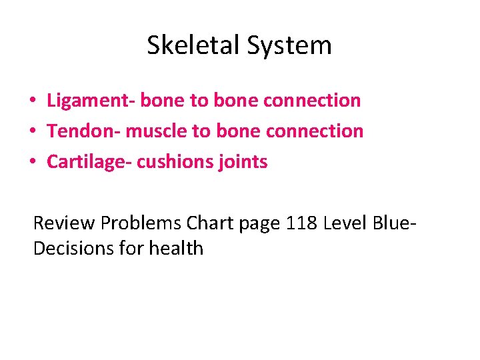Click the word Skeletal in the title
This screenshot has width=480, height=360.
coord(193,45)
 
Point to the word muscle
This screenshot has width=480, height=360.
coord(157,131)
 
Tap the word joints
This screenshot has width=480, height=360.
coord(244,161)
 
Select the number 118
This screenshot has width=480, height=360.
coord(301,222)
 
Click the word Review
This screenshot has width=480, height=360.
coord(64,222)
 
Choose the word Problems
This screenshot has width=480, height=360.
coord(141,222)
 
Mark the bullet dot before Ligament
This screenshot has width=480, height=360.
coord(32,101)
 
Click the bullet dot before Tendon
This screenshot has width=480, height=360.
coord(32,131)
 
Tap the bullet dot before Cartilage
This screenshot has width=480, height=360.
coord(32,162)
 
